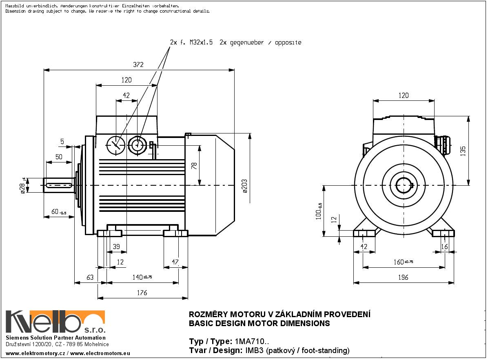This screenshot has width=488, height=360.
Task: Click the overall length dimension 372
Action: tap(139, 65)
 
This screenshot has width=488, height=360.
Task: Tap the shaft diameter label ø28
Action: tap(23, 186)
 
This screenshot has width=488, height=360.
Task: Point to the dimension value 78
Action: tap(194, 165)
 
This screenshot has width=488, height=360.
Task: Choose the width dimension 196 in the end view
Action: tap(403, 278)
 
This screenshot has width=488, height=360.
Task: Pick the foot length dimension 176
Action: tap(142, 293)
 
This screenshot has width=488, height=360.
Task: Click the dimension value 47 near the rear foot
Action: tap(175, 262)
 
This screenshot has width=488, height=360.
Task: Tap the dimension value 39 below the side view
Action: tap(116, 246)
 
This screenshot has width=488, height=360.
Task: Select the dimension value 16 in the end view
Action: tap(445, 246)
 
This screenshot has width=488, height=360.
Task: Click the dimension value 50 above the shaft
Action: tap(59, 157)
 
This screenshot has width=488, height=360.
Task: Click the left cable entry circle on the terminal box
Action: tap(115, 144)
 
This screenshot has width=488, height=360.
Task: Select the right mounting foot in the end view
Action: tap(443, 233)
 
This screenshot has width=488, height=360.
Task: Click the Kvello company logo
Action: tap(55, 322)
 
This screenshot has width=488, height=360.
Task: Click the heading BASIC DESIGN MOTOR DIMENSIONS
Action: tap(259, 324)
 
